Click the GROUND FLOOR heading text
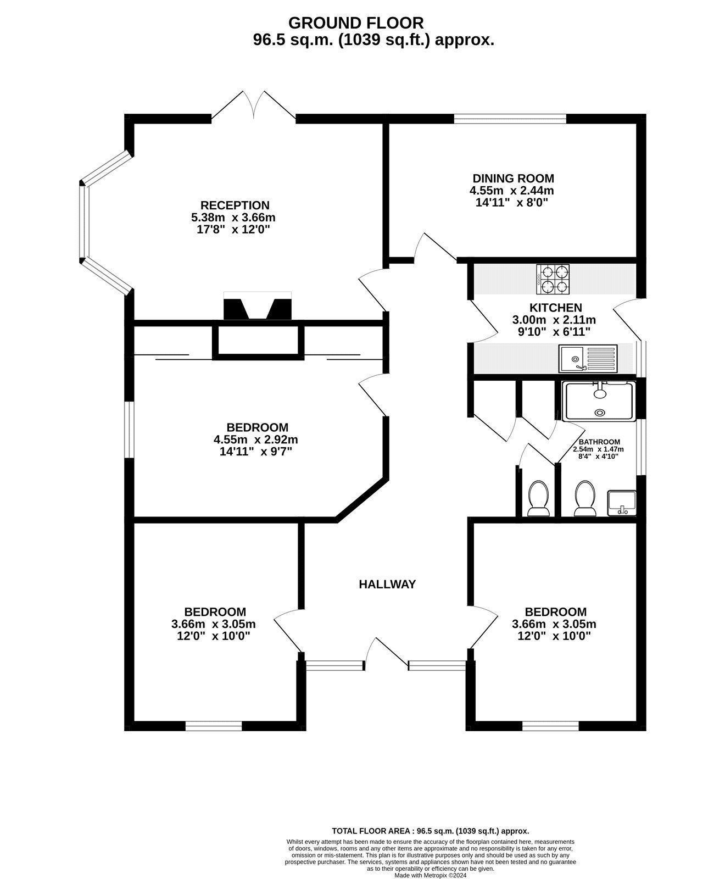[356, 23]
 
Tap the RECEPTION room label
[235, 205]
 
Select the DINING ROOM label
[513, 179]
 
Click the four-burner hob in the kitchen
[553, 279]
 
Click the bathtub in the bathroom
[599, 402]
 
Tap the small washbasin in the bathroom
[622, 503]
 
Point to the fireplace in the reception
[258, 309]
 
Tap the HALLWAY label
[387, 585]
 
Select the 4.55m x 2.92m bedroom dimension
[256, 439]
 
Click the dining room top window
[510, 118]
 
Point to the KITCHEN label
[555, 308]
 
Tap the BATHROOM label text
[599, 442]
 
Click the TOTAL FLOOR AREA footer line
[431, 831]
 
